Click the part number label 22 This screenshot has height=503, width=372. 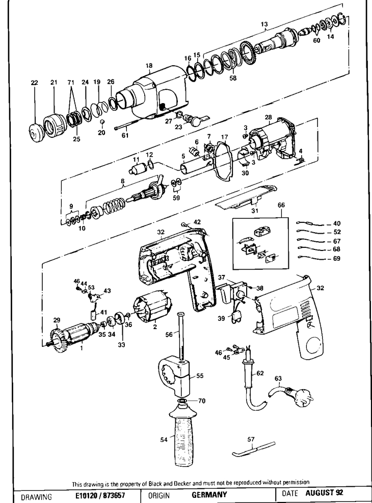[x=35, y=83]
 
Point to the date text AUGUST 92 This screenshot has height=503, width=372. [x=325, y=493]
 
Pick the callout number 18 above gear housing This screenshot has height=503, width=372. [x=149, y=66]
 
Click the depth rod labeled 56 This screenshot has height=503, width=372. [x=182, y=336]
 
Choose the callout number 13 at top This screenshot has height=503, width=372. [x=264, y=24]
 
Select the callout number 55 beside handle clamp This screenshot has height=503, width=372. [x=200, y=375]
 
